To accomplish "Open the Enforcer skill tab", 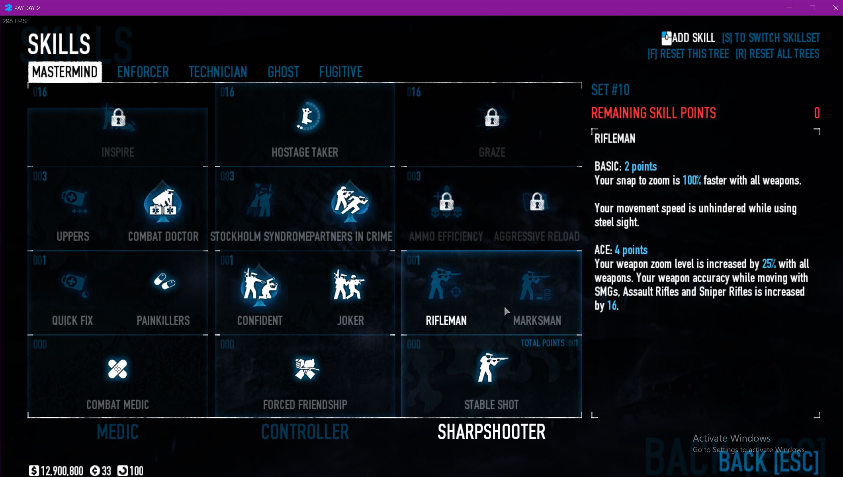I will click(143, 72).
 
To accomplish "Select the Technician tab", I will click(218, 72).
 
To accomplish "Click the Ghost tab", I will click(283, 72).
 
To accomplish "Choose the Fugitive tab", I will click(341, 72).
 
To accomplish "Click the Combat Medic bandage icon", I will click(117, 369).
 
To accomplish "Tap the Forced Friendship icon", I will click(306, 368).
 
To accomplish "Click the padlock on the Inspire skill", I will click(118, 118).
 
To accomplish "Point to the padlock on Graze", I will click(492, 118).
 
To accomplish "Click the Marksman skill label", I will click(537, 321).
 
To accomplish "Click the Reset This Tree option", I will click(688, 54).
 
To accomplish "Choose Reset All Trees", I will click(777, 54).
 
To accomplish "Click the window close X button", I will click(835, 8).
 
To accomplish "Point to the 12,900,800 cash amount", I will click(62, 471).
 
